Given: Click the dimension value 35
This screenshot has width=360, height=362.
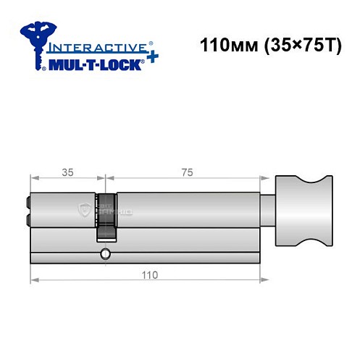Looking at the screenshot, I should tap(67, 173).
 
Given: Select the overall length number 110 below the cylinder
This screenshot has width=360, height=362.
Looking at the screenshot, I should tap(149, 275).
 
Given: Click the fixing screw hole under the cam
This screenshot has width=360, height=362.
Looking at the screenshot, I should tap(106, 254).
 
